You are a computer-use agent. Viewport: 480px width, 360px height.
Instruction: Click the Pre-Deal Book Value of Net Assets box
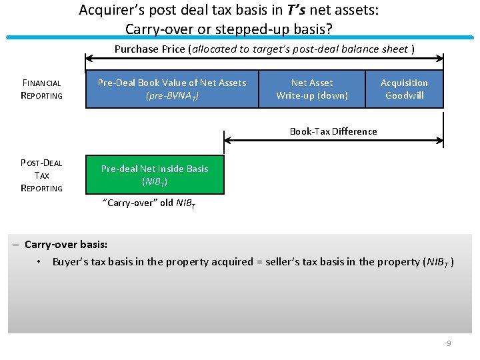172,89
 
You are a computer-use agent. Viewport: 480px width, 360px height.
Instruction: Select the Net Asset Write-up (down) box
312,89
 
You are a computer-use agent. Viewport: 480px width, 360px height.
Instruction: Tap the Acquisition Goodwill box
404,89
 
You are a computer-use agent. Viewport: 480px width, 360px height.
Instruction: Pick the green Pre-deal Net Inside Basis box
155,175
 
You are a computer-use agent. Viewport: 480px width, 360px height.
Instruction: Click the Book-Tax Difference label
333,131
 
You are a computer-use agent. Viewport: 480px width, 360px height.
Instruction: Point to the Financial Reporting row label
41,89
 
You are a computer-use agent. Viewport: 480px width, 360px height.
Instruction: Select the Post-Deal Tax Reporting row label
41,175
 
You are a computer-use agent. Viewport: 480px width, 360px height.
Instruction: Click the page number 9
449,343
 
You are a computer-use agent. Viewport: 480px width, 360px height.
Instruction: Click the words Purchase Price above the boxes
151,49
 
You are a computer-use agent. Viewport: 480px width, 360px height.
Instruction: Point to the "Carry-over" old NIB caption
149,203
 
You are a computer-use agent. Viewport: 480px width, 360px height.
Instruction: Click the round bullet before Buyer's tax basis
40,261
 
